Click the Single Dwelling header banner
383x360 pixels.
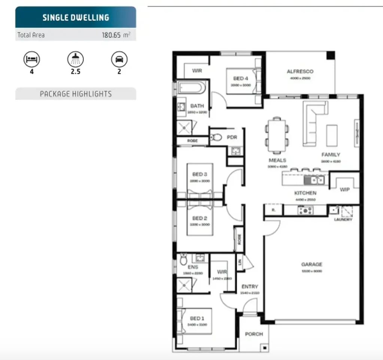tap(76, 17)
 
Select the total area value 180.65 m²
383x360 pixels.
tap(116, 35)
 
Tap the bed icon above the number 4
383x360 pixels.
tap(31, 59)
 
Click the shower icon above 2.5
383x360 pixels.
tap(75, 59)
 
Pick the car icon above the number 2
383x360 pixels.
tap(119, 59)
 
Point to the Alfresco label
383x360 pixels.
tap(300, 71)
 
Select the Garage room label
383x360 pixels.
tap(311, 264)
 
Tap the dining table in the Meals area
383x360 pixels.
tap(277, 135)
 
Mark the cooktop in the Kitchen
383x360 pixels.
tap(306, 211)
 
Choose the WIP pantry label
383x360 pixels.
tap(344, 189)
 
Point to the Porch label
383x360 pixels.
tap(254, 334)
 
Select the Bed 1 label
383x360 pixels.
tap(197, 318)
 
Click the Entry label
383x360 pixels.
tap(250, 286)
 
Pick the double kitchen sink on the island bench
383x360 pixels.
tap(314, 181)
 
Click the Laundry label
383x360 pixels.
tap(343, 219)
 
